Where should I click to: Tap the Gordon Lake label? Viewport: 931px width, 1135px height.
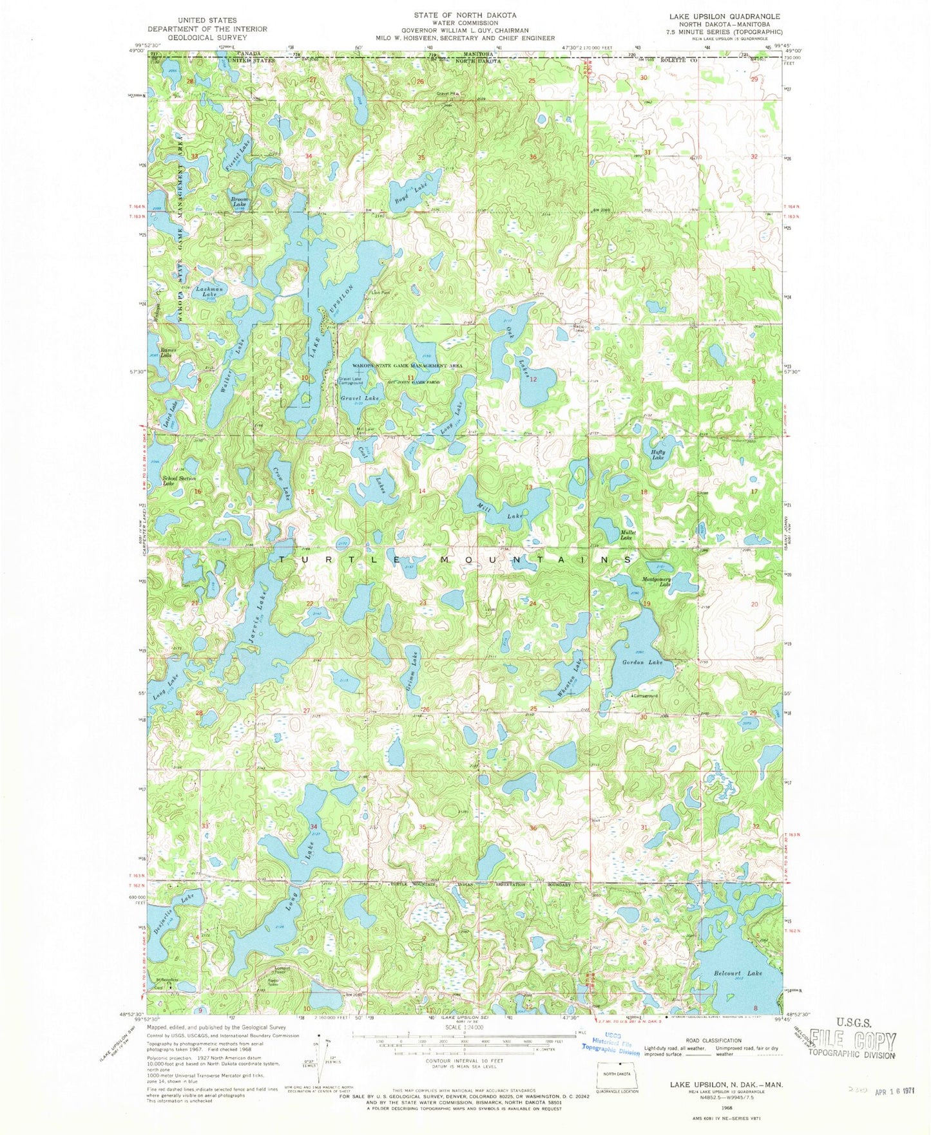pyautogui.click(x=642, y=662)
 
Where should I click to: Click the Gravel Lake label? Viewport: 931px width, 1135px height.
pyautogui.click(x=360, y=399)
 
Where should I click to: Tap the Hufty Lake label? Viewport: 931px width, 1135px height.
pyautogui.click(x=657, y=455)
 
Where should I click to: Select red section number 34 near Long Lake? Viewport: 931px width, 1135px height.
pyautogui.click(x=314, y=826)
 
